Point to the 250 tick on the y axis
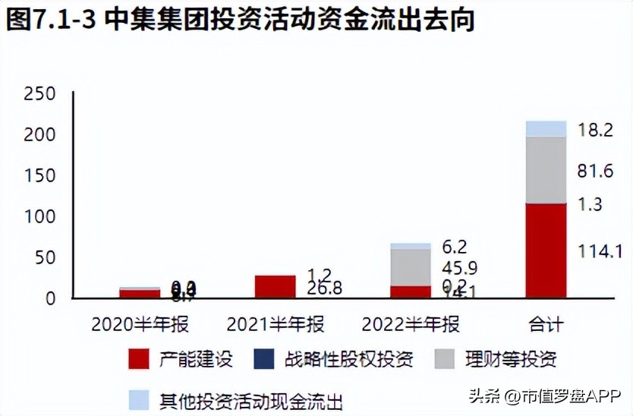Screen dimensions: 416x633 [x=39, y=94]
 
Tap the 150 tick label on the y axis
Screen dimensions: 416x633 [x=39, y=176]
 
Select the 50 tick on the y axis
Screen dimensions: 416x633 [x=45, y=258]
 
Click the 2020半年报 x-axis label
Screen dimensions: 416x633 [x=140, y=325]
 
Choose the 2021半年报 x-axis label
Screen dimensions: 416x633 [x=276, y=325]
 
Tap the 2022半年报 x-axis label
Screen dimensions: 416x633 [x=411, y=325]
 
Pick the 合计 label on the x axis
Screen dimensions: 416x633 [x=545, y=325]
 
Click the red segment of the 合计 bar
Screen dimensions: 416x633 [x=545, y=251]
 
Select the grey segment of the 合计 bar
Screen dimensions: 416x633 [x=545, y=170]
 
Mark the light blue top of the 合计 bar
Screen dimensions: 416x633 [x=545, y=128]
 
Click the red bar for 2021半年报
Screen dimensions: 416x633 [x=276, y=286]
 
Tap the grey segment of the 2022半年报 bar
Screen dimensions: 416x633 [x=411, y=266]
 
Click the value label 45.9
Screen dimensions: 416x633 [x=460, y=268]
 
